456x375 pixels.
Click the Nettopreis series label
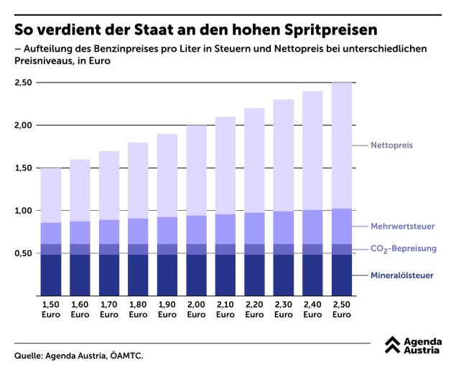(391, 146)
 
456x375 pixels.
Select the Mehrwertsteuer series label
(402, 227)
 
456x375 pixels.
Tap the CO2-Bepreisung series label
(402, 249)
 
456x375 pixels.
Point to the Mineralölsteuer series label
(402, 275)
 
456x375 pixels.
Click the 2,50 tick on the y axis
(24, 83)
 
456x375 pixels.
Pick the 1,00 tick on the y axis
(24, 211)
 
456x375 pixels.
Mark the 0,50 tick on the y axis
(24, 253)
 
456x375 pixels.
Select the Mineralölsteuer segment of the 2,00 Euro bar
(196, 275)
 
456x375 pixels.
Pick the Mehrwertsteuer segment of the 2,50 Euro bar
(341, 227)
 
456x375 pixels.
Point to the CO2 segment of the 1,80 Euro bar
(138, 249)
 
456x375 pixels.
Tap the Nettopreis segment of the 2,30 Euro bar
(283, 156)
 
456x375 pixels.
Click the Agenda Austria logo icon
(392, 346)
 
